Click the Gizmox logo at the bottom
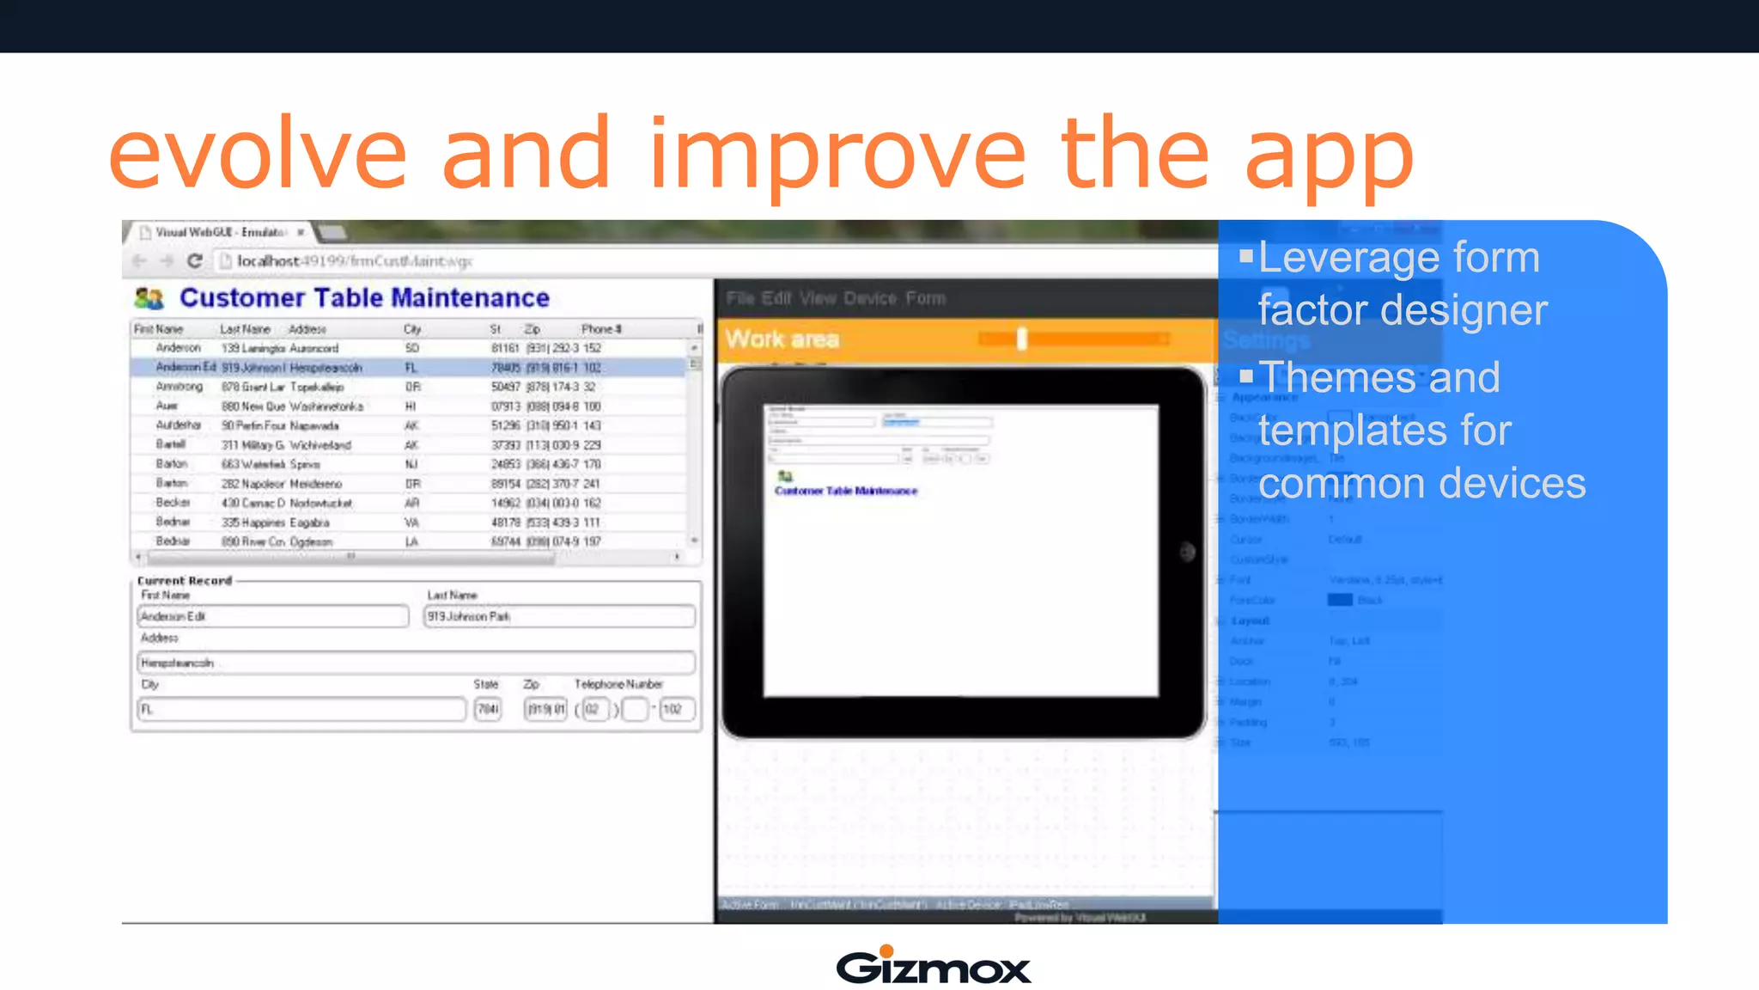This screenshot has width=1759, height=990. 933,966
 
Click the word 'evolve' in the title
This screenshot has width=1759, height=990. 257,155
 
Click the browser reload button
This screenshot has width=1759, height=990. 195,260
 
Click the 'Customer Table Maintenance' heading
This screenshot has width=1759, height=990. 364,297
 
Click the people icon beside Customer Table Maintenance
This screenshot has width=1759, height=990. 149,298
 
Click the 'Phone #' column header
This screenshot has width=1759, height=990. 600,329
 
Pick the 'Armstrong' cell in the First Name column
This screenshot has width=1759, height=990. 180,387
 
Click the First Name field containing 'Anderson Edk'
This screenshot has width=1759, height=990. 272,616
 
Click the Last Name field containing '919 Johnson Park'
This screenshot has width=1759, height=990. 558,616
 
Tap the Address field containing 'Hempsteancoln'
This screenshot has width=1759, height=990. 416,663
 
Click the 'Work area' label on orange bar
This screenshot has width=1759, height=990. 782,339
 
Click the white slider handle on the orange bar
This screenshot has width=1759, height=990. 1021,339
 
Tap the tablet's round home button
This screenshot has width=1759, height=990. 1187,552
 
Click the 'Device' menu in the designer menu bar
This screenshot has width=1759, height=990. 869,298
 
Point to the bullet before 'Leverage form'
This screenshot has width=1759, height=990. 1245,255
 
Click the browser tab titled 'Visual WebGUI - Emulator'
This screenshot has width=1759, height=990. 220,232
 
